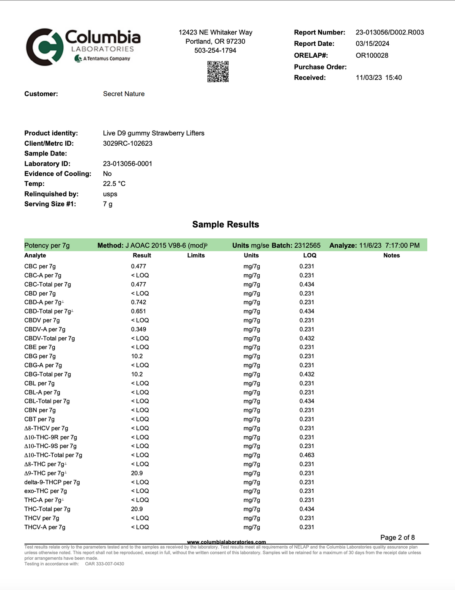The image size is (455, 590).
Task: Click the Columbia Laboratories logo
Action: (83, 47)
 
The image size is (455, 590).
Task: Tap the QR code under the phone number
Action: (218, 71)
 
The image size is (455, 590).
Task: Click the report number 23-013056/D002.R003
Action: (389, 33)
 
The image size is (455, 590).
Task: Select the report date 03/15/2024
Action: (372, 44)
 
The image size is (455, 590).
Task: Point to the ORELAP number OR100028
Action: (372, 55)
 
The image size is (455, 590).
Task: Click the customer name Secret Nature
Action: (124, 94)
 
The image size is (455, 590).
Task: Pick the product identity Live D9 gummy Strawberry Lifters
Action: (154, 133)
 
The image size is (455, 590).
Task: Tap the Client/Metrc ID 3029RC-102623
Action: (127, 143)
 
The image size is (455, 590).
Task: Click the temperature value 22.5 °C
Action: (114, 184)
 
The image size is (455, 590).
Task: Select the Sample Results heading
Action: (226, 224)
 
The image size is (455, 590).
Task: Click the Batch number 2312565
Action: (307, 245)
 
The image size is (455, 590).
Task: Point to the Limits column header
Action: (196, 255)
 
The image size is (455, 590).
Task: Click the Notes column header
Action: (391, 255)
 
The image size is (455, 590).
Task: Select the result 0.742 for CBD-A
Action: (138, 302)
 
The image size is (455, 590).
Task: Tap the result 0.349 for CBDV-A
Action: (138, 329)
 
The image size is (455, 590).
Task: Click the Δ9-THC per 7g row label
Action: (45, 473)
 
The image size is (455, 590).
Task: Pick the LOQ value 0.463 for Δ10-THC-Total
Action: (307, 455)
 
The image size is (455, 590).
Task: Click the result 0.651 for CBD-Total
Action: (138, 311)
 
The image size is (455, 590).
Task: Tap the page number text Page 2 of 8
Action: (397, 537)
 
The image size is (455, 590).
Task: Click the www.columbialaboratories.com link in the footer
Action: (226, 542)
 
